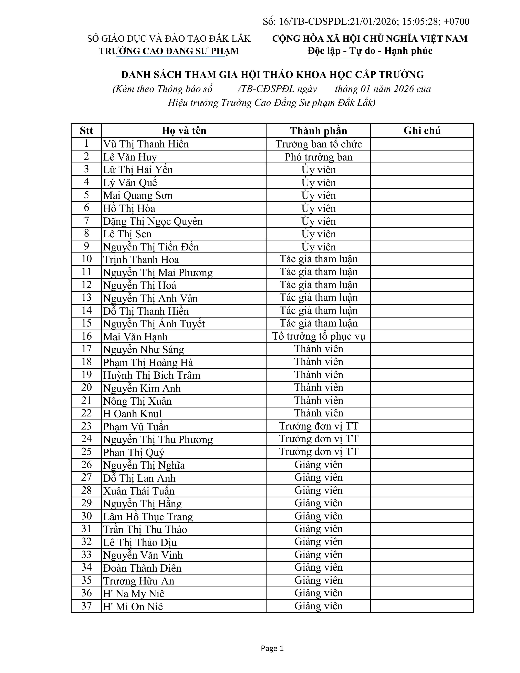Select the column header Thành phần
click(318, 131)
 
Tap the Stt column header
click(86, 131)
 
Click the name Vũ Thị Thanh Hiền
click(146, 144)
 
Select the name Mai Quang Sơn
click(138, 195)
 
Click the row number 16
click(86, 336)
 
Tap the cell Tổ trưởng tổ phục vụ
click(318, 336)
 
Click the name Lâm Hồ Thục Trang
click(148, 516)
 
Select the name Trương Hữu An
click(139, 581)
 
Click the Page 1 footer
click(272, 648)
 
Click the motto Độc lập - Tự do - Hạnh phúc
click(370, 51)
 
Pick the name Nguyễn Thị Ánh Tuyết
click(154, 324)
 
